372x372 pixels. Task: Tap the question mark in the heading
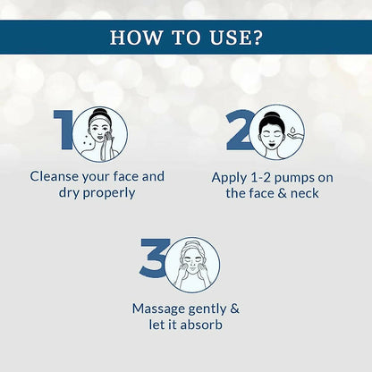(257, 38)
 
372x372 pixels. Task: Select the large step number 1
(63, 130)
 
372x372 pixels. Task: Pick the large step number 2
(239, 130)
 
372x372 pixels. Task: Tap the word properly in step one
(109, 193)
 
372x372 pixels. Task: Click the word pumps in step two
(294, 179)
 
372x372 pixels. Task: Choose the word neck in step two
(305, 193)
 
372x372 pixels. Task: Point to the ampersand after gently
(234, 309)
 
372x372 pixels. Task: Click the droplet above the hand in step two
(293, 130)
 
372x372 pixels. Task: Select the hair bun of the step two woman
(271, 115)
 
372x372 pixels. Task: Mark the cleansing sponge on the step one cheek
(108, 138)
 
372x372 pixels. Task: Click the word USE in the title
(230, 38)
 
